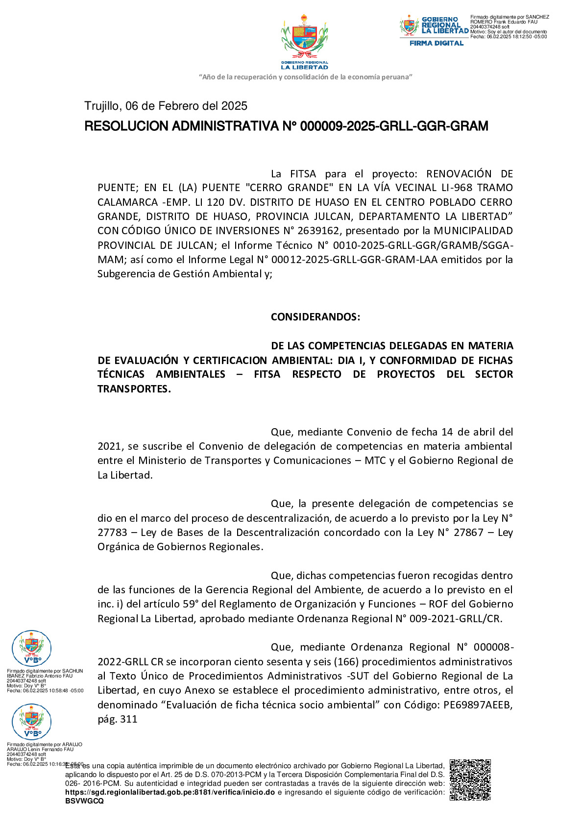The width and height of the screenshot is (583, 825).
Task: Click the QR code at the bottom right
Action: coord(470,779)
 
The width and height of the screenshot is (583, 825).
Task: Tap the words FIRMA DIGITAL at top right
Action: coord(436,43)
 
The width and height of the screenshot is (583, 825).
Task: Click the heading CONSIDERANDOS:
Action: coord(316,317)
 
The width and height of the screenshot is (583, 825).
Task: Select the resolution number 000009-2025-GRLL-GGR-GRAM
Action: coord(394,126)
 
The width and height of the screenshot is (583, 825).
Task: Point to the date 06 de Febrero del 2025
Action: coord(186,106)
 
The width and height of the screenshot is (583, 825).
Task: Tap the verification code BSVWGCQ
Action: coord(84,801)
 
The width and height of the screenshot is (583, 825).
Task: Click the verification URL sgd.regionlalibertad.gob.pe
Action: coord(170,792)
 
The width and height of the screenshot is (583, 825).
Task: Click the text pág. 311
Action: coord(118,719)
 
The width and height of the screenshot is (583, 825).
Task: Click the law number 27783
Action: coord(112,533)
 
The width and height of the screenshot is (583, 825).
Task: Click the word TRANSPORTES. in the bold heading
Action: coord(134,389)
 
